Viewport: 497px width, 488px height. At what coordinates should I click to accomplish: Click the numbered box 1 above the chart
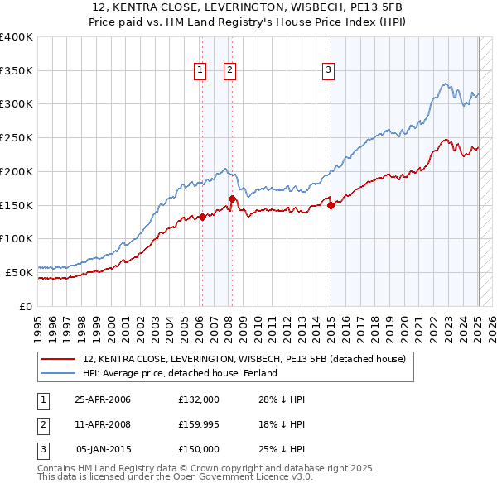point(200,71)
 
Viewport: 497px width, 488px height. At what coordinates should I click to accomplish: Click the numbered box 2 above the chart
point(229,71)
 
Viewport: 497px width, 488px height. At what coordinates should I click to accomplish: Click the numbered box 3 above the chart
point(328,71)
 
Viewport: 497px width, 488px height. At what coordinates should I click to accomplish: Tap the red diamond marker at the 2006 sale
point(201,218)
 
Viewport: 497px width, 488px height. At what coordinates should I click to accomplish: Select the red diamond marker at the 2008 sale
point(232,199)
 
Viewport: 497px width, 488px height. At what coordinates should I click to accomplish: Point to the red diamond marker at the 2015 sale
point(331,205)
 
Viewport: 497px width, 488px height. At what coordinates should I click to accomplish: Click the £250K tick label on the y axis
point(17,138)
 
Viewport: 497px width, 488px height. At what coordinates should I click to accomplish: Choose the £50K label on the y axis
point(19,272)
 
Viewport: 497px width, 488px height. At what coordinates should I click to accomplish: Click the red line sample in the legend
point(57,360)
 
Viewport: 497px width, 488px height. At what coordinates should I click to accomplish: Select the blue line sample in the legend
point(57,373)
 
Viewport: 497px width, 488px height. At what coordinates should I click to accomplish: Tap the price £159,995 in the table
point(199,424)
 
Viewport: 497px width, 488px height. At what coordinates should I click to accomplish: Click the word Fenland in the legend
point(259,373)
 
